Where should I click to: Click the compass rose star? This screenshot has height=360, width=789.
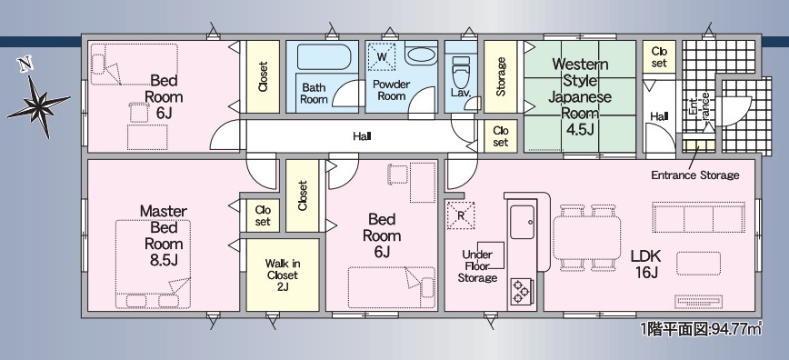click(x=39, y=105)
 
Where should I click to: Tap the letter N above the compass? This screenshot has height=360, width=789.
click(x=24, y=65)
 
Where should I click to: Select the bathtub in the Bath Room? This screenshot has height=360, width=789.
click(x=323, y=57)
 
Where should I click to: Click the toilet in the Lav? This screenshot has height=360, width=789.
click(x=460, y=72)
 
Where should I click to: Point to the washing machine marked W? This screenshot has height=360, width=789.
click(x=382, y=57)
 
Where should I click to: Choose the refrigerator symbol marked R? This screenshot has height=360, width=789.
click(x=461, y=215)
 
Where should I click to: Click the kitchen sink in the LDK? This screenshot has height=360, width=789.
click(x=523, y=222)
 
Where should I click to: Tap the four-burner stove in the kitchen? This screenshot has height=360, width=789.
click(x=523, y=292)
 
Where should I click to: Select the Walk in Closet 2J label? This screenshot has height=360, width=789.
click(x=283, y=275)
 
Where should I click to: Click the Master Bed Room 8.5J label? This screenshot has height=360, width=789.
click(x=163, y=235)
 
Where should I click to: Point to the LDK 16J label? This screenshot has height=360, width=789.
click(x=646, y=265)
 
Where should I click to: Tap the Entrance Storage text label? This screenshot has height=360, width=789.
click(x=694, y=175)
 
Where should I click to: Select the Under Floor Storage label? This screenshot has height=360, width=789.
click(x=477, y=266)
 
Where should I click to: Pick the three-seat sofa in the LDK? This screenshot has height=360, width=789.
click(x=698, y=217)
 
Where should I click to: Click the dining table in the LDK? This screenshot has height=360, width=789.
click(x=586, y=237)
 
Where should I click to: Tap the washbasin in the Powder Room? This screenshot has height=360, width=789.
click(x=421, y=55)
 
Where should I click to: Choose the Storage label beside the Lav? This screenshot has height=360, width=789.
click(x=501, y=76)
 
